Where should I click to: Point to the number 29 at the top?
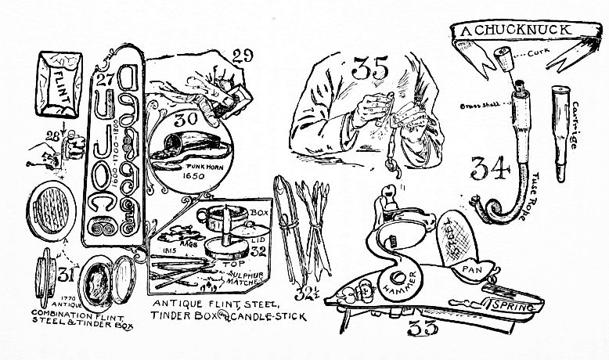click(x=243, y=56)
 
